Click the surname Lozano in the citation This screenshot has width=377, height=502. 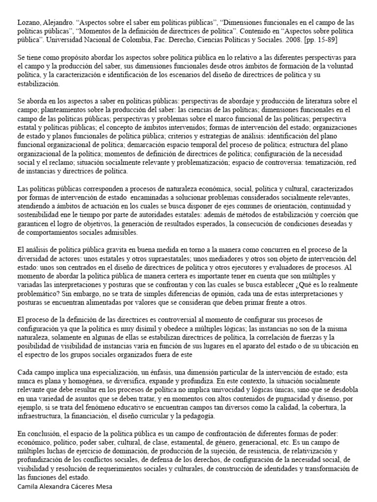(29, 23)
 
